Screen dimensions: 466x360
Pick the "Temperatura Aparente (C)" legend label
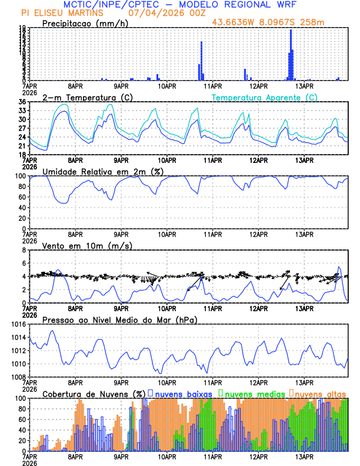(265, 97)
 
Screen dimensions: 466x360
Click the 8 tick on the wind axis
(24, 250)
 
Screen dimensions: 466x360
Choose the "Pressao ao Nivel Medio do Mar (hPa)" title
(119, 319)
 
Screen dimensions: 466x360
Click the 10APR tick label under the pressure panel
(166, 381)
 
